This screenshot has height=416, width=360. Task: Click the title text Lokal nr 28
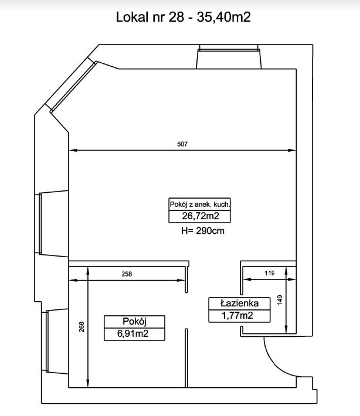pos(150,17)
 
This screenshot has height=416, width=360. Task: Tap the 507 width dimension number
pos(182,144)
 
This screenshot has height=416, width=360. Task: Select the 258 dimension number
pos(127,274)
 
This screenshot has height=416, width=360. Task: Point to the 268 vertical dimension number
pos(81,327)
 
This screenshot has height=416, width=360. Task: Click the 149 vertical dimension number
pos(280,300)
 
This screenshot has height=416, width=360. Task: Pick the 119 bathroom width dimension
pos(269,273)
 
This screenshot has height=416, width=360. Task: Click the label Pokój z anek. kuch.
pos(200,204)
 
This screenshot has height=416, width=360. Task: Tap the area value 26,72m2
pos(201,216)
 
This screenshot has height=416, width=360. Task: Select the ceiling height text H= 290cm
pos(203,231)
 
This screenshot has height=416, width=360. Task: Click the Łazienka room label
pos(239,304)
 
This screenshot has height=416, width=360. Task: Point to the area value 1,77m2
pos(237,316)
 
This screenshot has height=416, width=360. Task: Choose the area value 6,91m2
pos(133,333)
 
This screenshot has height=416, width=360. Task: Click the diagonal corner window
pos(73,86)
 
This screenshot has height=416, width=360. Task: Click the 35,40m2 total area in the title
pos(223,17)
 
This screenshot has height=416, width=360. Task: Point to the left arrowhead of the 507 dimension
pos(73,151)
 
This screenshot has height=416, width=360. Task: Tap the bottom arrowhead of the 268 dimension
pos(88,383)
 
